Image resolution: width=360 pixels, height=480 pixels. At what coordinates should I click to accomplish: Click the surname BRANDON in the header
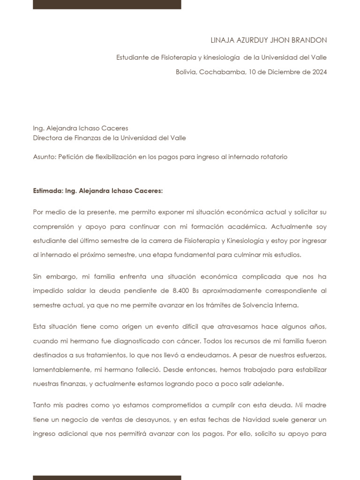tap(310, 40)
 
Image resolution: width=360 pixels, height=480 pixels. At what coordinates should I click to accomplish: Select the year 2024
tap(318, 72)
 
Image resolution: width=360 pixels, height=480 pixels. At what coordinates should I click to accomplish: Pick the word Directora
tap(48, 138)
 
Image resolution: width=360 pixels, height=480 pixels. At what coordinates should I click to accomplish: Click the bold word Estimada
tap(47, 191)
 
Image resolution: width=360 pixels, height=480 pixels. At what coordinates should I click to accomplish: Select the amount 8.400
tap(180, 290)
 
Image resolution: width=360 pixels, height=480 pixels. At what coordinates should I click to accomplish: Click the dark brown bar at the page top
tap(107, 4)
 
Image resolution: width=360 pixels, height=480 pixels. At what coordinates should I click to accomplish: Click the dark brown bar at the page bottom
tap(107, 477)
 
